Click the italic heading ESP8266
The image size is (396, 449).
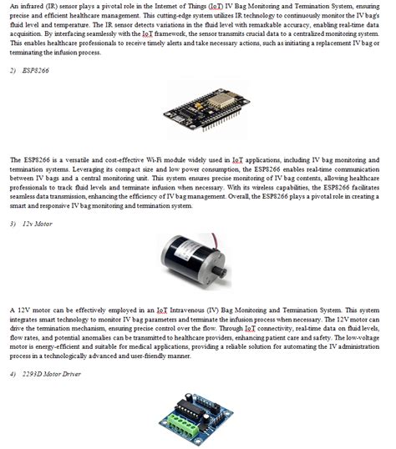[x=36, y=71]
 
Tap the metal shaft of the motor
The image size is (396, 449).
[x=221, y=271]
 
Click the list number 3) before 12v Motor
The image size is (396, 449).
[x=13, y=224]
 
